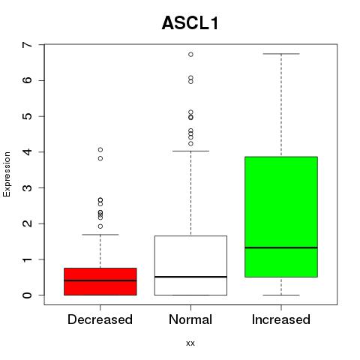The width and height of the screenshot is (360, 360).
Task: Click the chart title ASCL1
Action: click(190, 23)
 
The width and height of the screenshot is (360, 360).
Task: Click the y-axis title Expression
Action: click(7, 174)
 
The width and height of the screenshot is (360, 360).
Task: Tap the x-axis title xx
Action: click(190, 343)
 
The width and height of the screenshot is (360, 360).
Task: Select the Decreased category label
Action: click(100, 319)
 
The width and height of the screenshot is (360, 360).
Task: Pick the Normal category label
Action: click(190, 319)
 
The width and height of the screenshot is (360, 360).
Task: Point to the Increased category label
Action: click(281, 319)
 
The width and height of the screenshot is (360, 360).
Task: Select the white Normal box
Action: click(190, 265)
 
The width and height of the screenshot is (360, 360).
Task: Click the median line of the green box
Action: click(281, 247)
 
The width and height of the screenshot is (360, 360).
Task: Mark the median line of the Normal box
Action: click(190, 277)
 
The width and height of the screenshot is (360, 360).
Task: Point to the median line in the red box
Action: click(100, 280)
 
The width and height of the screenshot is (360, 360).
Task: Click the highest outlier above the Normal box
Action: click(190, 55)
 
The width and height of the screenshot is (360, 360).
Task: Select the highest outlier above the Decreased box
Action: click(100, 150)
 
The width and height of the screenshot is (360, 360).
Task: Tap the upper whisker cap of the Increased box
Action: click(281, 54)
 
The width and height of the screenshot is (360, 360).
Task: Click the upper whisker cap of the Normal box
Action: click(190, 151)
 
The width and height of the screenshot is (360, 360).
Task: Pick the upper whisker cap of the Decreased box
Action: click(100, 235)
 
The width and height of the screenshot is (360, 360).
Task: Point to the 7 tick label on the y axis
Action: click(28, 45)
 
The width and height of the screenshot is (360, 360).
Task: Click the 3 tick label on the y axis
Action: click(28, 188)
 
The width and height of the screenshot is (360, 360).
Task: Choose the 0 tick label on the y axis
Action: click(28, 295)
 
